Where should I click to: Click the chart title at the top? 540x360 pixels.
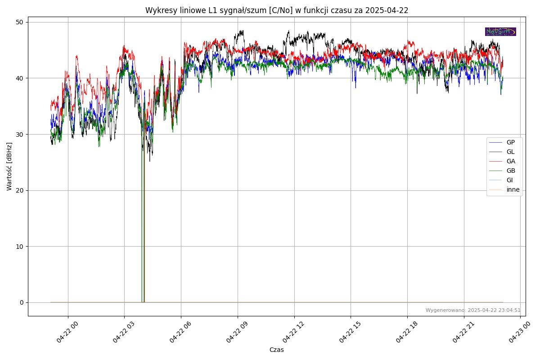pos(276,10)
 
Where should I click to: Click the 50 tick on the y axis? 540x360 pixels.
pos(20,22)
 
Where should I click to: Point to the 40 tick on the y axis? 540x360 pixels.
pos(20,78)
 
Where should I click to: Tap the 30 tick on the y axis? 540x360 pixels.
pos(20,134)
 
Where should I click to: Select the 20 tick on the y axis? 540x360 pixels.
pos(20,190)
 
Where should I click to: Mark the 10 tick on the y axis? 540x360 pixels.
pos(20,246)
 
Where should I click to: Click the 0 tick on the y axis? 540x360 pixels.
pos(22,302)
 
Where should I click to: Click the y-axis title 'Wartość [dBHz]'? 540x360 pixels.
pos(9,166)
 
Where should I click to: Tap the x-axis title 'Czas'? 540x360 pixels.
pos(276,350)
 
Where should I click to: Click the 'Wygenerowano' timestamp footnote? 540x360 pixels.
pos(473,310)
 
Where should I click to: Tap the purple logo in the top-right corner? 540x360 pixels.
pos(500,31)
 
